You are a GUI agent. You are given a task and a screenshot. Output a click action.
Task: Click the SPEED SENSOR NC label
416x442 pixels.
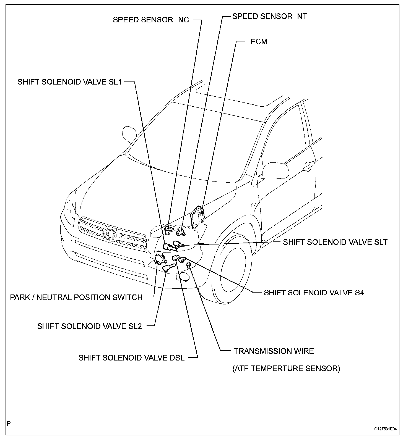tap(151, 20)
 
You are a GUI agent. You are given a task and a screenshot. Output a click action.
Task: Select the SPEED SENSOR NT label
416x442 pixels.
tap(269, 16)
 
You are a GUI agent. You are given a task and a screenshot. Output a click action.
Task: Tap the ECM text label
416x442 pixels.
tap(259, 42)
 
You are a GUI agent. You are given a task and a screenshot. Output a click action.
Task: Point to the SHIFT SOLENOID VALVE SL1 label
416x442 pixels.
tap(69, 82)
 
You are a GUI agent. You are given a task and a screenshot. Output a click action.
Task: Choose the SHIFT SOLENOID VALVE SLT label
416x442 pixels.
tap(335, 242)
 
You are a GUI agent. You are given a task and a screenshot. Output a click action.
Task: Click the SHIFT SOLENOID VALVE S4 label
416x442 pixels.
tap(314, 293)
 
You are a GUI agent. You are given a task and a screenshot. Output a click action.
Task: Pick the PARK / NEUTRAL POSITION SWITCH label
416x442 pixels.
tap(76, 298)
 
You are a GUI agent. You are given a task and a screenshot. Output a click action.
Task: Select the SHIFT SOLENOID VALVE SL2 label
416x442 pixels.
tap(89, 326)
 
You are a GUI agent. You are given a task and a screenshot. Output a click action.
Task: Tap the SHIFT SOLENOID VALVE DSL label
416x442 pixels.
tap(131, 358)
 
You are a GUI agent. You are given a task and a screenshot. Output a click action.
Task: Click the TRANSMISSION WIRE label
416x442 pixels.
tap(274, 351)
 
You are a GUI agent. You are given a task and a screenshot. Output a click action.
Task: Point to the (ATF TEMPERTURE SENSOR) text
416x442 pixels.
tap(286, 369)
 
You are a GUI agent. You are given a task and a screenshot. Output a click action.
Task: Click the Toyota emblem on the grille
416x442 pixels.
tap(110, 233)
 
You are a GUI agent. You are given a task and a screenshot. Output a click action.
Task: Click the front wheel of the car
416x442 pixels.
tap(232, 270)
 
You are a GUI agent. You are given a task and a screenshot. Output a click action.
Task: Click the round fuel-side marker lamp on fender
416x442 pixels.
tap(253, 205)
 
